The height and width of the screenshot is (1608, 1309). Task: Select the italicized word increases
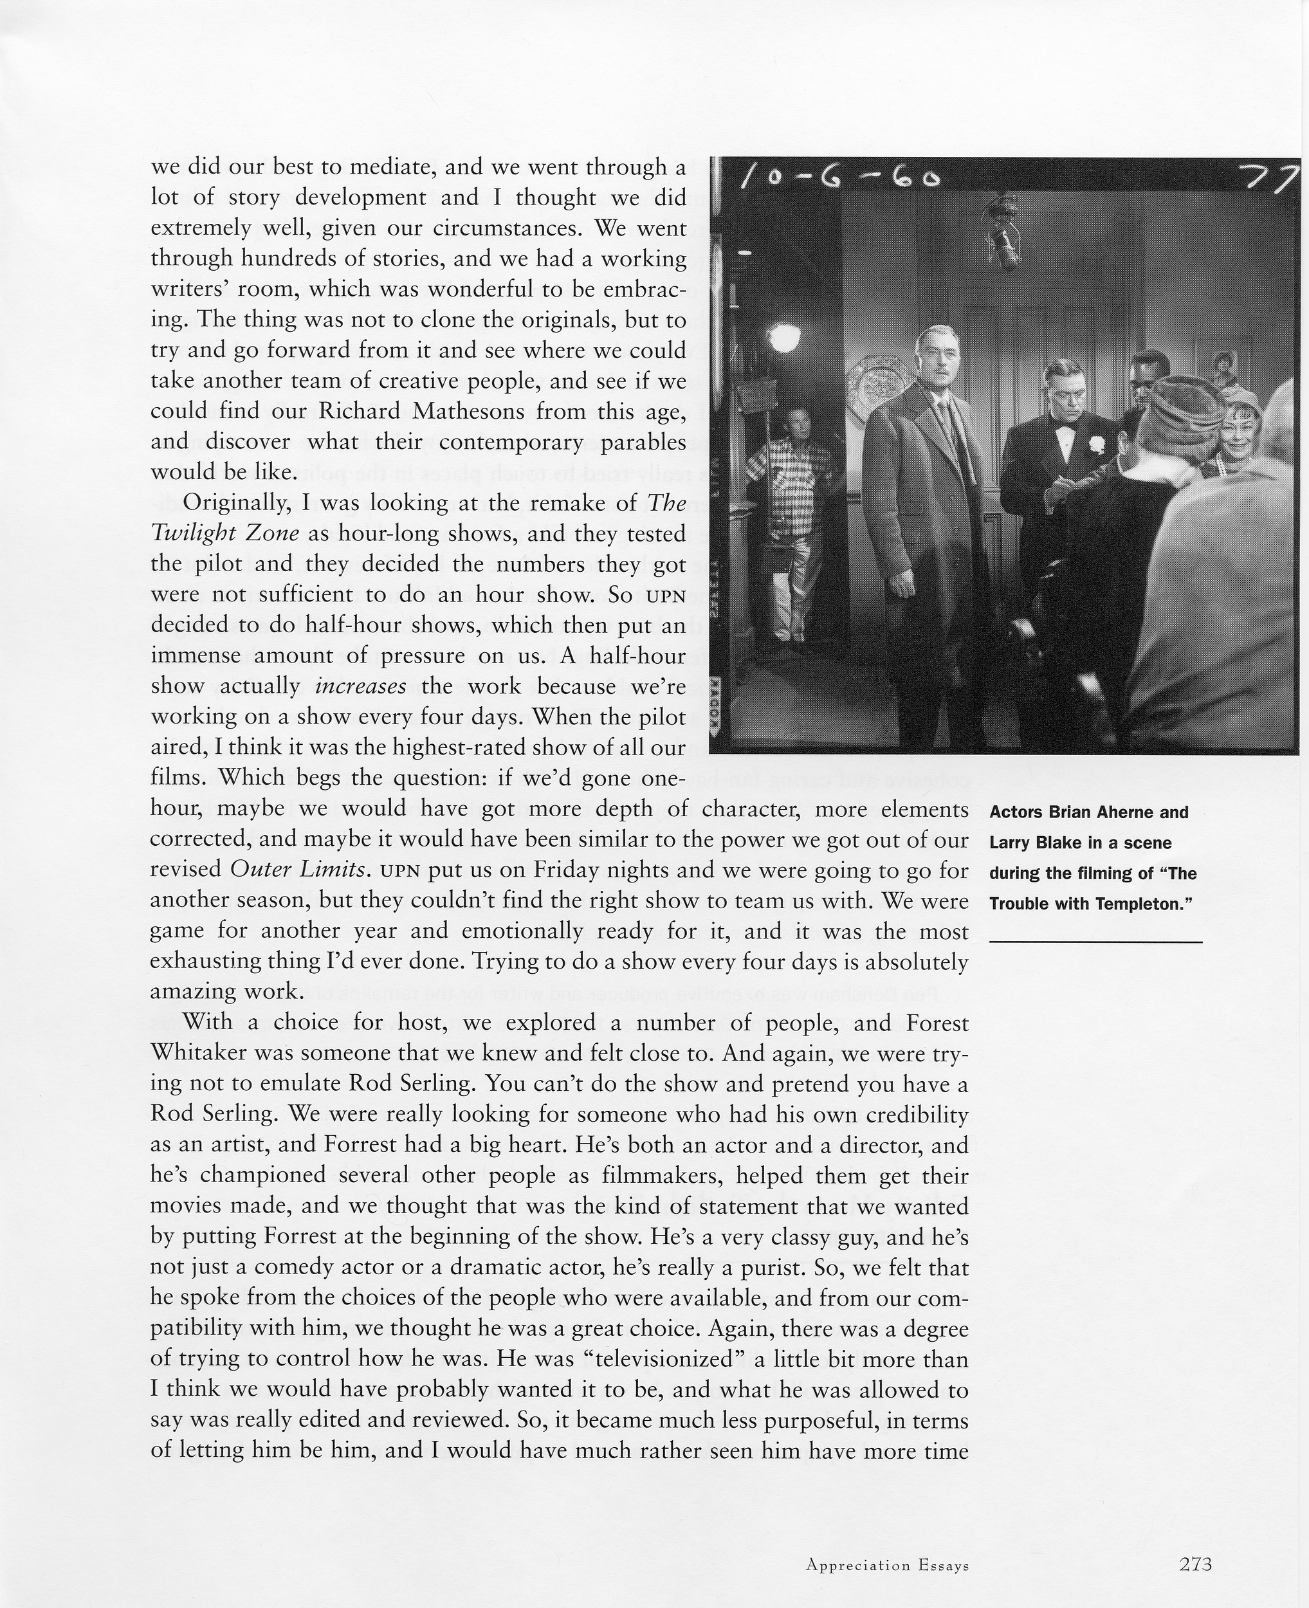(360, 686)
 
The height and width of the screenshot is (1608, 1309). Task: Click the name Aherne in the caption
(1115, 812)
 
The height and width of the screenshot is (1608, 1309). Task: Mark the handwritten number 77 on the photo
(1279, 179)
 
